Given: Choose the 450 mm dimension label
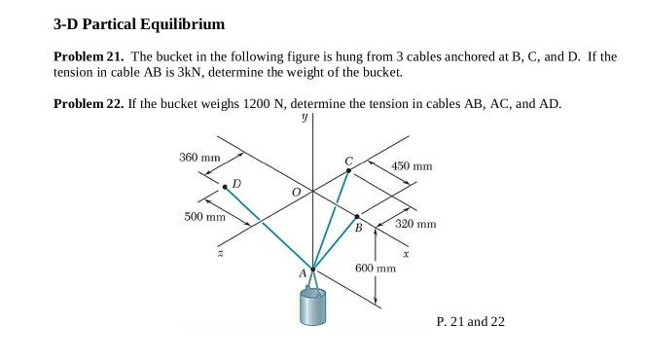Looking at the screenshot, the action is coord(412,166).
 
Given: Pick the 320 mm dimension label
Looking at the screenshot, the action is coord(416,224).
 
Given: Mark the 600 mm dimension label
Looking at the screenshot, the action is coord(376,267).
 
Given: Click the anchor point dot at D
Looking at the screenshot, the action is coord(225,186).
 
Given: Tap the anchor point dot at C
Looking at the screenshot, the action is coord(349,170).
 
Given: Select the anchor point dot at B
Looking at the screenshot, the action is coord(358,217).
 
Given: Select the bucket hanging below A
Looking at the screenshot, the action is coord(313,307).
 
